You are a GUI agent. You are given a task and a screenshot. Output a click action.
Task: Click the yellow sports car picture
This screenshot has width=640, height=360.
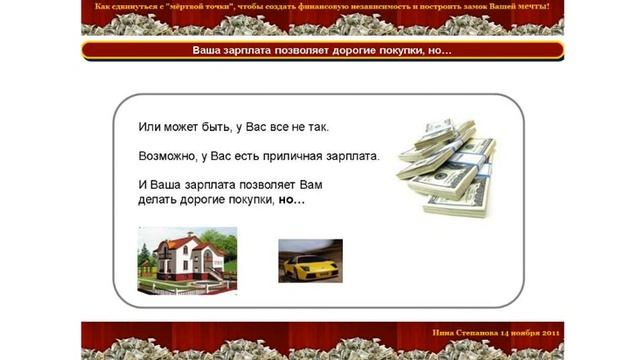click(x=310, y=261)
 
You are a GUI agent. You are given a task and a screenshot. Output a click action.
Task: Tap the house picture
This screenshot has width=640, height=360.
click(x=187, y=260)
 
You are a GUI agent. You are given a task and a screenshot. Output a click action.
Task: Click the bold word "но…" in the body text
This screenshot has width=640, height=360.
click(x=292, y=200)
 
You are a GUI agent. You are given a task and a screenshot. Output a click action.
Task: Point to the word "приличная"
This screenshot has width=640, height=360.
click(x=302, y=157)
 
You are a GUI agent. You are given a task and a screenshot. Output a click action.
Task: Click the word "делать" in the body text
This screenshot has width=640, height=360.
click(x=158, y=200)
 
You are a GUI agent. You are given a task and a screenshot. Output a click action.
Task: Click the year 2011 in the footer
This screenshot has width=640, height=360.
click(x=549, y=332)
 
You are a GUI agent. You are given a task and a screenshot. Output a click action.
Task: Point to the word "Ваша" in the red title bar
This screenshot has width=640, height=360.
click(x=208, y=50)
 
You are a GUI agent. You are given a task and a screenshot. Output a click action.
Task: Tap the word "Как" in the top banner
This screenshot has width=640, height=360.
click(x=101, y=7)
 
